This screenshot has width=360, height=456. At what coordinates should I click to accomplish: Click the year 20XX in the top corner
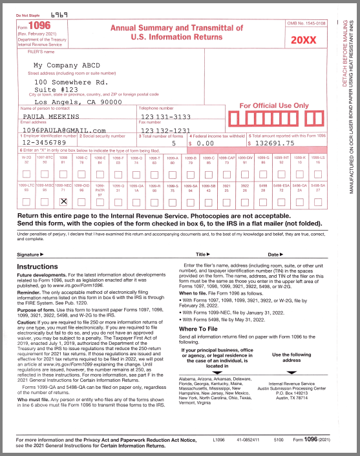click(304, 40)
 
